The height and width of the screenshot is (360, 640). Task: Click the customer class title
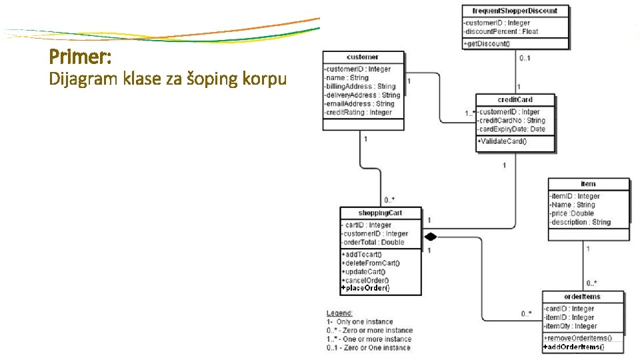pyautogui.click(x=363, y=57)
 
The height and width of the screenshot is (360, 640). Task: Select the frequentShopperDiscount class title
pyautogui.click(x=516, y=11)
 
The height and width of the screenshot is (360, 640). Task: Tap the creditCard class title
pyautogui.click(x=515, y=100)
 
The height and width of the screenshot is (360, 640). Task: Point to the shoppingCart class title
pyautogui.click(x=381, y=213)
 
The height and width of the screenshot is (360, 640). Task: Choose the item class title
pyautogui.click(x=588, y=183)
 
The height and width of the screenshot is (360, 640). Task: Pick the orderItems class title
pyautogui.click(x=583, y=297)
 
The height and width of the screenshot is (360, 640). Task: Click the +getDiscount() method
pyautogui.click(x=487, y=43)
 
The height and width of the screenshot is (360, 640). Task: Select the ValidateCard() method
pyautogui.click(x=502, y=141)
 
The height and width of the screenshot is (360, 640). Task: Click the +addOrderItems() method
pyautogui.click(x=574, y=347)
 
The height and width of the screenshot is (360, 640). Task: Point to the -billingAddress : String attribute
pyautogui.click(x=359, y=87)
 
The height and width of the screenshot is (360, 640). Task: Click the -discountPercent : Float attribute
pyautogui.click(x=501, y=31)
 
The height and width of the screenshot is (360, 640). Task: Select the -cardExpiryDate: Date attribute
pyautogui.click(x=511, y=129)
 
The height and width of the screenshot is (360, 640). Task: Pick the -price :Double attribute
pyautogui.click(x=571, y=213)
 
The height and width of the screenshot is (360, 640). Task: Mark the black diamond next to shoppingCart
pyautogui.click(x=431, y=236)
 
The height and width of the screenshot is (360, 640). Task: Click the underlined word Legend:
pyautogui.click(x=339, y=313)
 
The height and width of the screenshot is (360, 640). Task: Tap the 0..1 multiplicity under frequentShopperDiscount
pyautogui.click(x=526, y=57)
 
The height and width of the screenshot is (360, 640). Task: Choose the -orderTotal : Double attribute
pyautogui.click(x=373, y=243)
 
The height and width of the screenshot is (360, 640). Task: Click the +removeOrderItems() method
pyautogui.click(x=578, y=339)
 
